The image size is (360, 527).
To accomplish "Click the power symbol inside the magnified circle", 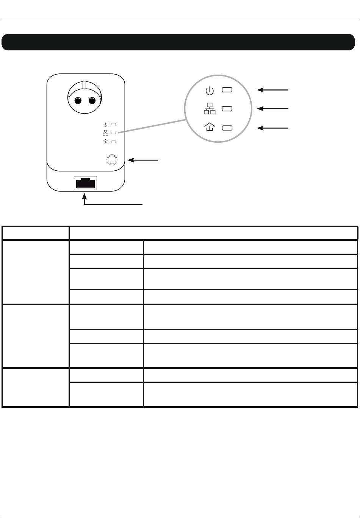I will click(x=210, y=90).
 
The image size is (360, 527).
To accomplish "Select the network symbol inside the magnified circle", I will click(x=210, y=109).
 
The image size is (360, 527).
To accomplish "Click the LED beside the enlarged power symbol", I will click(x=227, y=90).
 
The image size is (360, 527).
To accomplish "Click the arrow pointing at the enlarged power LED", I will click(x=273, y=90).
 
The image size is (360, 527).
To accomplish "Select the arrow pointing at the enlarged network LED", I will click(x=273, y=109).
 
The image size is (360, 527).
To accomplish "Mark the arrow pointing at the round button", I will click(x=143, y=161).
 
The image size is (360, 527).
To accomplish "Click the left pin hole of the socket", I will click(x=78, y=101).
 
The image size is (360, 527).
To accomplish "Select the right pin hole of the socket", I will click(x=92, y=101).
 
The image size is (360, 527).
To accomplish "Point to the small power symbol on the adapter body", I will click(x=105, y=124).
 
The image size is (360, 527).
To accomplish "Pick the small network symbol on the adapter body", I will click(x=105, y=133).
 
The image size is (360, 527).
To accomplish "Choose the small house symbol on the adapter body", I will click(x=105, y=142).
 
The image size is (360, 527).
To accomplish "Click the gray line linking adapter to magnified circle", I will click(x=152, y=125).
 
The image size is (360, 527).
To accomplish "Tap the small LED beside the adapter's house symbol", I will click(x=113, y=142).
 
